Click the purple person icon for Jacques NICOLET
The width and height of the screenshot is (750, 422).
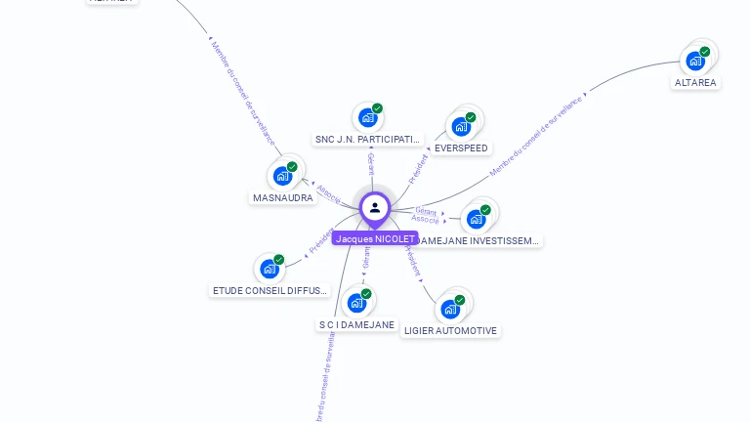[375, 207]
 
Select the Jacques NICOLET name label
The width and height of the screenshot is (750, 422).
[376, 238]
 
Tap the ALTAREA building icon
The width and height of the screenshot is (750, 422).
[695, 61]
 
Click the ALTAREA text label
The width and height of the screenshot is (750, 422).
[695, 83]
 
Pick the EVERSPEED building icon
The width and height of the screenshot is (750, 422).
[461, 126]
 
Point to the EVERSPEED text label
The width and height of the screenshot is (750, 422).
[461, 148]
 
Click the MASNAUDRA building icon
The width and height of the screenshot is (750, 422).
[282, 176]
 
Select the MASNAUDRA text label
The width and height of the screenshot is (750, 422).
[283, 198]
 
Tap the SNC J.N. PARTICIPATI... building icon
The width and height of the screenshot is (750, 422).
[367, 117]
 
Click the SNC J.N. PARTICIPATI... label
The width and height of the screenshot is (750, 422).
[369, 140]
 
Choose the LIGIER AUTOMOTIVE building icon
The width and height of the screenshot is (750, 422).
[450, 309]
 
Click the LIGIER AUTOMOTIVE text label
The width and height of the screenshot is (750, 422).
[451, 331]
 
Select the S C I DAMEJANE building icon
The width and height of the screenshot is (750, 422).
[356, 303]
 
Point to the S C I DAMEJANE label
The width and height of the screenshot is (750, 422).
[357, 325]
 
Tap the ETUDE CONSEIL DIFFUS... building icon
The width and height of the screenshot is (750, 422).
[269, 269]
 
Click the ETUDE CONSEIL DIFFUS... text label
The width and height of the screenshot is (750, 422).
[271, 291]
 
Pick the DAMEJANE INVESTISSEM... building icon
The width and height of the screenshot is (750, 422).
[476, 219]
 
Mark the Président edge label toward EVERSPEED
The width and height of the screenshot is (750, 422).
[419, 167]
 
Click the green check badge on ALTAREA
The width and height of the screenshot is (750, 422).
[705, 52]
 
